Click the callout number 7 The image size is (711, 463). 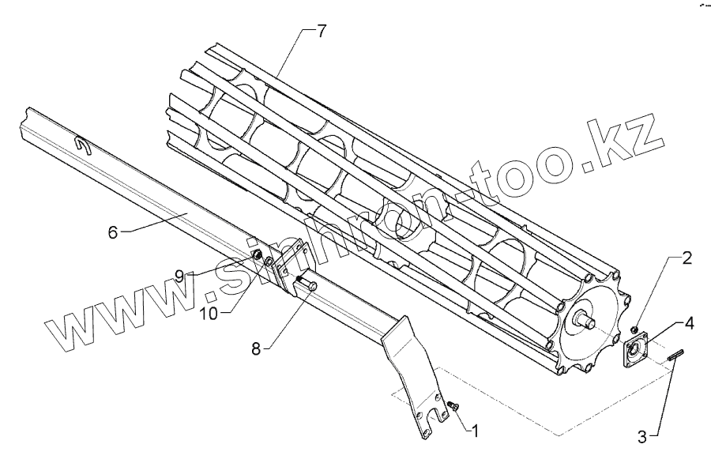[321, 32]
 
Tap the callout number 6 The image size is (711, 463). [112, 231]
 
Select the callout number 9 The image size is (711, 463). [179, 276]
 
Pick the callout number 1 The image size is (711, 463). [474, 431]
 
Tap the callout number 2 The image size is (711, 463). [687, 258]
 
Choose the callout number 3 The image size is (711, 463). [643, 435]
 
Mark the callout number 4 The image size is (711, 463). [690, 323]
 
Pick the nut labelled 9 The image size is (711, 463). [257, 256]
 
